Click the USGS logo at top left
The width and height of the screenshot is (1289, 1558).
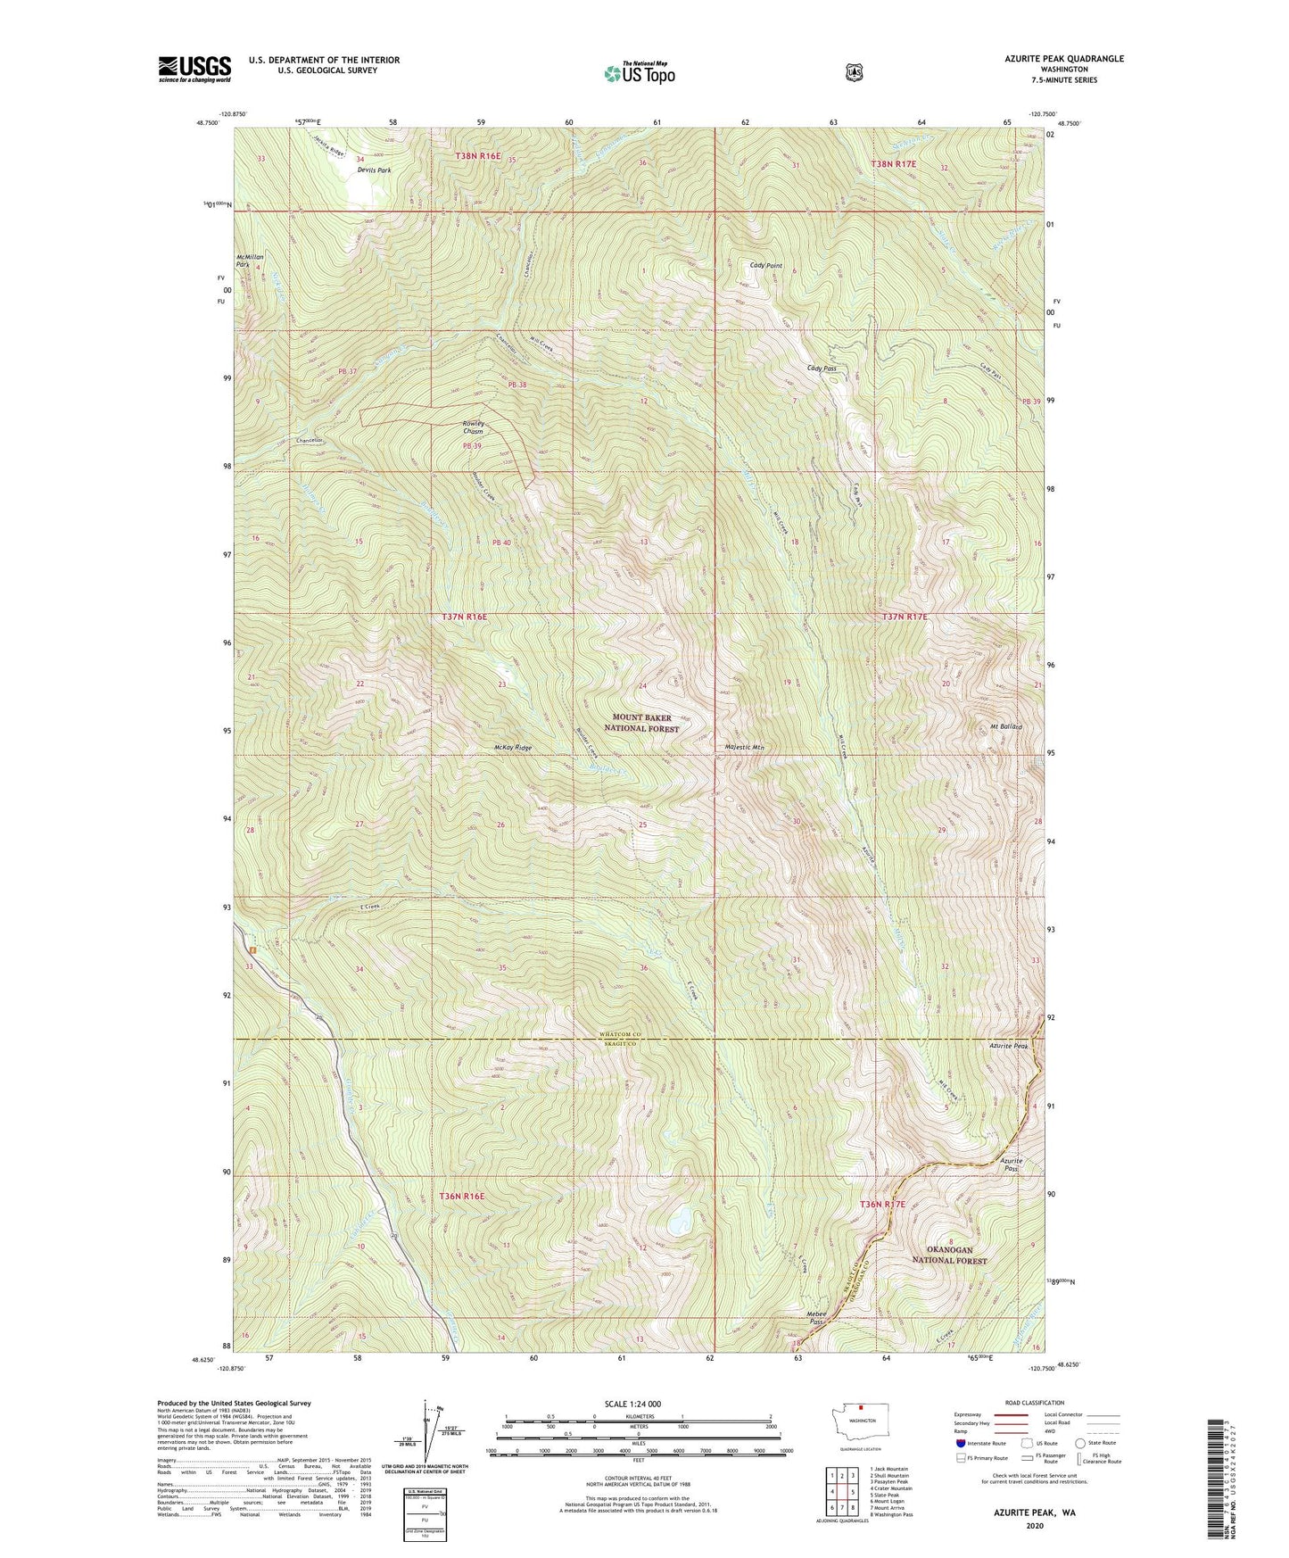[x=194, y=69]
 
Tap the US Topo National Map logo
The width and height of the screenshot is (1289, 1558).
[x=639, y=72]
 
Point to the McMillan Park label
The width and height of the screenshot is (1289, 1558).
[x=249, y=261]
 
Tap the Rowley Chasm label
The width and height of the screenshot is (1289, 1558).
[x=473, y=427]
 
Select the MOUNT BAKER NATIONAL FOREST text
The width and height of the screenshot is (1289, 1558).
[x=641, y=723]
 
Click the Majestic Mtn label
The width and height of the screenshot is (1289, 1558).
[x=745, y=748]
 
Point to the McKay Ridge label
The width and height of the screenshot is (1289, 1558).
[x=512, y=748]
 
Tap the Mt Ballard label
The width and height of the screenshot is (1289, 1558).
[x=1004, y=727]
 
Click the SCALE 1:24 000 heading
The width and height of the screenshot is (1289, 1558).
[x=638, y=1405]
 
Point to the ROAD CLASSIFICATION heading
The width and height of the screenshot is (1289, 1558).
[x=1035, y=1404]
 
